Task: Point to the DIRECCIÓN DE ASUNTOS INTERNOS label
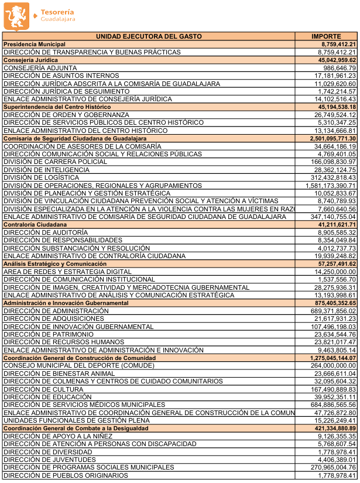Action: click(61, 76)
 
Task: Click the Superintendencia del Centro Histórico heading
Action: click(57, 107)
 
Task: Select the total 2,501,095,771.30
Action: click(329, 139)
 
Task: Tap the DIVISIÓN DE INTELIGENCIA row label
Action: click(46, 170)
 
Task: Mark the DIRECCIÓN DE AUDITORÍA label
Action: click(44, 232)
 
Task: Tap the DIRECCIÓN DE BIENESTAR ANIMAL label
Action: click(59, 374)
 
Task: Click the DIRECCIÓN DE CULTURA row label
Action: click(44, 389)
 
